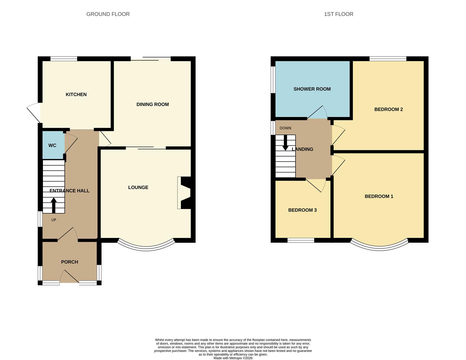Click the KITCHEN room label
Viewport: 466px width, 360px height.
click(x=76, y=95)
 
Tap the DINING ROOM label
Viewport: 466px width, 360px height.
click(x=153, y=104)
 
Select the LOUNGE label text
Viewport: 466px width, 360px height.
click(x=138, y=187)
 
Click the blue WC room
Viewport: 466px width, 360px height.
click(x=53, y=145)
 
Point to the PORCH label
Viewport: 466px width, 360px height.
click(x=70, y=262)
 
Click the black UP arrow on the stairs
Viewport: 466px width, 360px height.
click(x=53, y=205)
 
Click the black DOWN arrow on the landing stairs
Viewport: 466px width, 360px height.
click(x=285, y=143)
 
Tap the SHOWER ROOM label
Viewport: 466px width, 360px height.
click(x=312, y=89)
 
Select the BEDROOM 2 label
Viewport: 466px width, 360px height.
click(x=388, y=109)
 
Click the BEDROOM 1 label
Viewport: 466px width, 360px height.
click(x=379, y=196)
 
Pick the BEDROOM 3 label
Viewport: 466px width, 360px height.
click(x=302, y=210)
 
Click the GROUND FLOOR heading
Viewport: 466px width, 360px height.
click(x=108, y=14)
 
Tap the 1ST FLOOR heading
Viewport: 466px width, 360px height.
click(x=338, y=14)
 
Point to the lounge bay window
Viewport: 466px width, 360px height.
click(x=146, y=247)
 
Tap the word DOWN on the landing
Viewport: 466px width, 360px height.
click(x=285, y=128)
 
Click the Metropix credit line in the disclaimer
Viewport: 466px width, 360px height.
click(x=233, y=358)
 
